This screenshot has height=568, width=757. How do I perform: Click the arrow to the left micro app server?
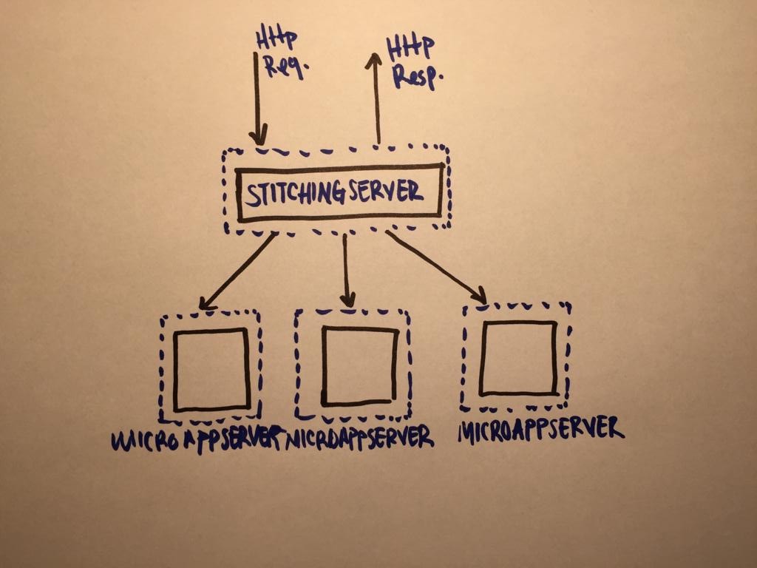coord(237,271)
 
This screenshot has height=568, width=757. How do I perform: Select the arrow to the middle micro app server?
coord(346,270)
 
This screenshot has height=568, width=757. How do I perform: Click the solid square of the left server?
coord(211,369)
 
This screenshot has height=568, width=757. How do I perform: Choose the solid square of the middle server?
coord(359,367)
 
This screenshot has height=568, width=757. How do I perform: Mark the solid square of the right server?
coord(517,358)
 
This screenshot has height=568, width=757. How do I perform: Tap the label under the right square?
coord(540,428)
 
